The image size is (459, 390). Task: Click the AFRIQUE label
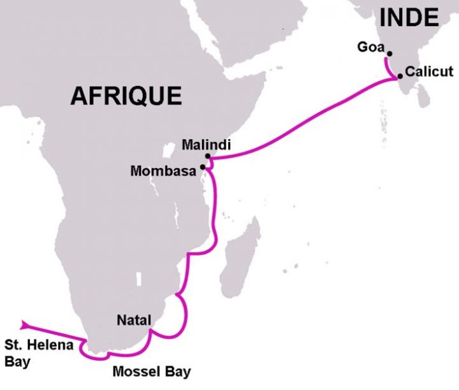pyautogui.click(x=126, y=96)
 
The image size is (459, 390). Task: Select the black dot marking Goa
pyautogui.click(x=390, y=54)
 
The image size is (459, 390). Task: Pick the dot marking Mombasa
pyautogui.click(x=203, y=167)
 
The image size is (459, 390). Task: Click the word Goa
pyautogui.click(x=372, y=47)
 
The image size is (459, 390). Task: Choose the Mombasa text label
pyautogui.click(x=164, y=171)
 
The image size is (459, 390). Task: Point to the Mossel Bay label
pyautogui.click(x=151, y=372)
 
